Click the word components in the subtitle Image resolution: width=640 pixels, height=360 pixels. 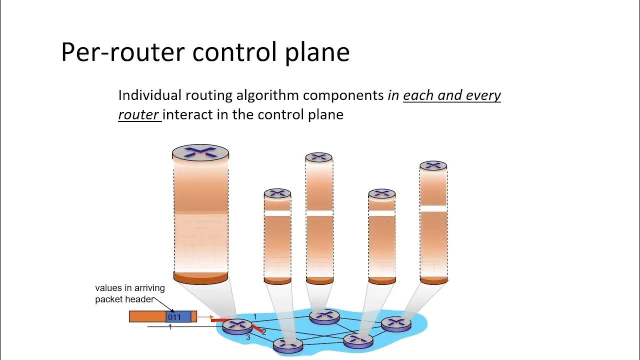coord(343,95)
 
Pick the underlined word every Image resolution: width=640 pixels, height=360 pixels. coord(483,95)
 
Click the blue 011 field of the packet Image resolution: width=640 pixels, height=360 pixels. coord(178,316)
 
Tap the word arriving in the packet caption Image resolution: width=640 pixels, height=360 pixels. coord(149,288)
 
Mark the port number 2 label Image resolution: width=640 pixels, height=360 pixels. coord(264,331)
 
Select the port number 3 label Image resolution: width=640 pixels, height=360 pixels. coord(248,338)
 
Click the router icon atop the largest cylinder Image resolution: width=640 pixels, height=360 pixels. coord(200,152)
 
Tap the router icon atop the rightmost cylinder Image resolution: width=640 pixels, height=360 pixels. coord(433,165)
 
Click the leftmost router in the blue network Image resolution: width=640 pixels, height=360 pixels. coord(237,326)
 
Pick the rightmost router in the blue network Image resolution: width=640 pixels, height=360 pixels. coord(396,323)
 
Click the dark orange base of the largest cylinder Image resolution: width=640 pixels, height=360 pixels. coord(200,277)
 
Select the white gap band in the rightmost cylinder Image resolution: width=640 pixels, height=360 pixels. coord(433,208)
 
